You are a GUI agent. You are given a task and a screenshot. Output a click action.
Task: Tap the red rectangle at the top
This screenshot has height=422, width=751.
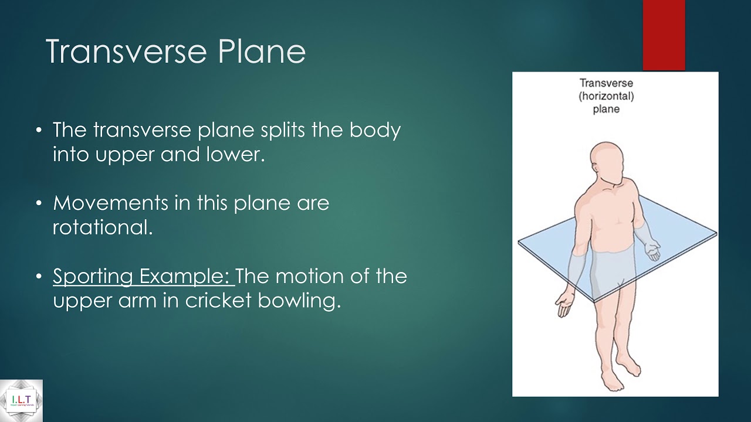click(664, 35)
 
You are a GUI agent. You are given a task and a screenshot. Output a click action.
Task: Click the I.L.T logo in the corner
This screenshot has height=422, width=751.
click(21, 401)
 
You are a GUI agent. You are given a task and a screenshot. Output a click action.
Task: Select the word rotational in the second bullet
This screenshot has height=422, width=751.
click(103, 228)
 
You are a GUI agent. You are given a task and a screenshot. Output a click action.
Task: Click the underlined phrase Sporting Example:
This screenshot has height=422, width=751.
click(143, 276)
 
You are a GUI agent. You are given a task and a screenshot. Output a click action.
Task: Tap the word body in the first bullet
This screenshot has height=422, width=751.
click(375, 130)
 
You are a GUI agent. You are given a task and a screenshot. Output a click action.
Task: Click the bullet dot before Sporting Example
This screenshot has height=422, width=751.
click(39, 277)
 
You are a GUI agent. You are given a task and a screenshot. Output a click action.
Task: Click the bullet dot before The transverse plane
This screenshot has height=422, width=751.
click(39, 130)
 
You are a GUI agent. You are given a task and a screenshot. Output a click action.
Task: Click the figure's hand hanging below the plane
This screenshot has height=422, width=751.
click(564, 304)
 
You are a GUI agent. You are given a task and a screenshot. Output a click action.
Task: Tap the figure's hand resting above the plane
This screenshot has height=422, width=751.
click(652, 252)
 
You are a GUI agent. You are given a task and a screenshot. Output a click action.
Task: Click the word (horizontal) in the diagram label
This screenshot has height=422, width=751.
click(606, 96)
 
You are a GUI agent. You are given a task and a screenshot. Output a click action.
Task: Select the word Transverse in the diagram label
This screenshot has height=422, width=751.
click(606, 83)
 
